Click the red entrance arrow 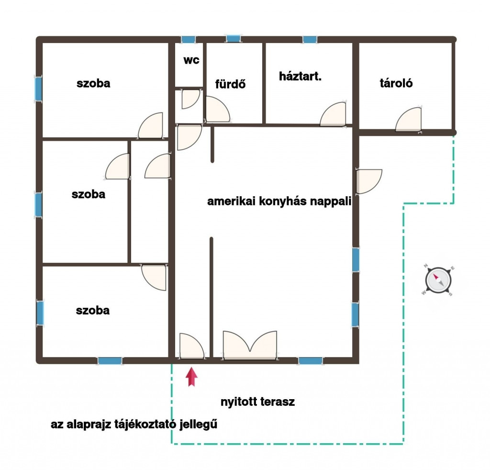[191, 377]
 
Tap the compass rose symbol [438, 280]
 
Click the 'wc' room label [191, 60]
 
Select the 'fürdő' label [230, 84]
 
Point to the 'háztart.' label [301, 76]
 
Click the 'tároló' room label [396, 83]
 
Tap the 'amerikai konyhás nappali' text [279, 201]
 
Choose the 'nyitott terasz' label [257, 402]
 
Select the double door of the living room [250, 345]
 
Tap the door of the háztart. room [333, 114]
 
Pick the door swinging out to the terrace [369, 181]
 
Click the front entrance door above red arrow [191, 346]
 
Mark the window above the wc [189, 40]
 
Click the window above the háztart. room [310, 40]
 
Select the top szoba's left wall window [38, 89]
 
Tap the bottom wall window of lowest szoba [110, 361]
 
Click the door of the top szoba [151, 125]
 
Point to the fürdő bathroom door [218, 109]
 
